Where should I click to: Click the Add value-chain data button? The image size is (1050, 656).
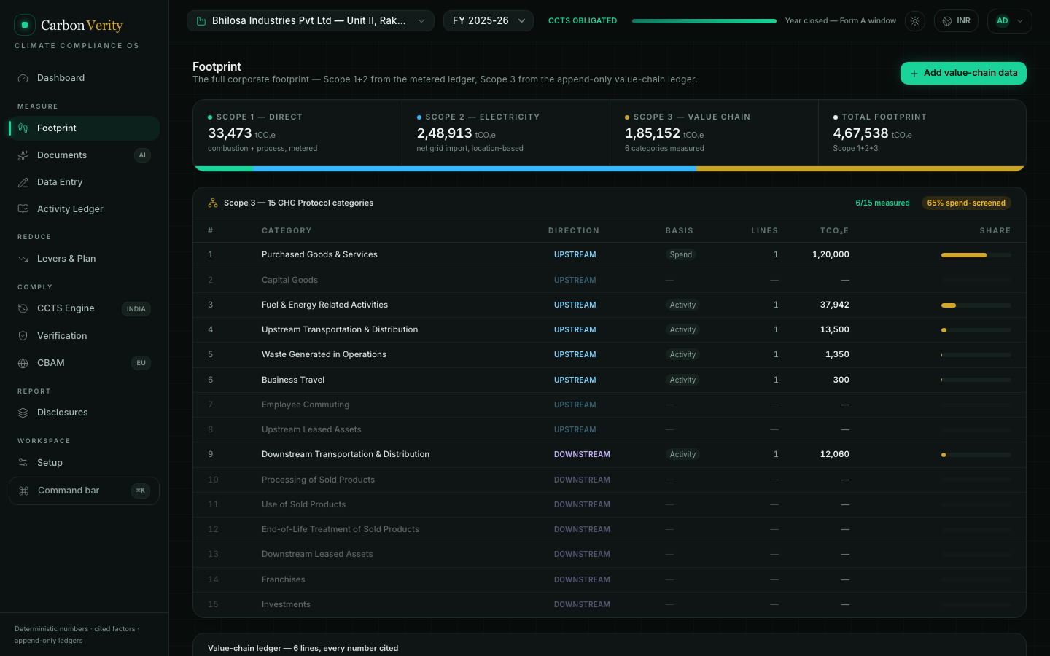(962, 73)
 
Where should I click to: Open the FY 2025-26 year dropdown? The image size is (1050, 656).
(488, 21)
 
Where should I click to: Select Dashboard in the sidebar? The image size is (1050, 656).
(61, 78)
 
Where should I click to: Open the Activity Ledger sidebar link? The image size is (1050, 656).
(70, 209)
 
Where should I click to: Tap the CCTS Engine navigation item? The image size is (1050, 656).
(66, 308)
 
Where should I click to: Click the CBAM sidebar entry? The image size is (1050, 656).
(50, 363)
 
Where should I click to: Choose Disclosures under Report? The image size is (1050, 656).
(63, 413)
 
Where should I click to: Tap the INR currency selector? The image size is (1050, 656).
(956, 21)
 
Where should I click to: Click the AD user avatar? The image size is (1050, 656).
(1002, 21)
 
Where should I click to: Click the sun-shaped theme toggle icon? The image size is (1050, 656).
(914, 21)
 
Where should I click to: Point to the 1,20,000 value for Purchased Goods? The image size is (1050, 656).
(830, 254)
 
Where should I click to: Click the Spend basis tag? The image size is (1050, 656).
(680, 254)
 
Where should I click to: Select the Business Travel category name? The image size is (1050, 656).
(293, 380)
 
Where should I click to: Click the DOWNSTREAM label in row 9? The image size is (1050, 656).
(582, 454)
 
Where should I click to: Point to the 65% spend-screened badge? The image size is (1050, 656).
(966, 203)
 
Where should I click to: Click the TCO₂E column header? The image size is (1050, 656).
(834, 230)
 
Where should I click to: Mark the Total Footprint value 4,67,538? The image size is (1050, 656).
(860, 133)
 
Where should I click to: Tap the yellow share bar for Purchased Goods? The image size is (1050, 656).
(964, 255)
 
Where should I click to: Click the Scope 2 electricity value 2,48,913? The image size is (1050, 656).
(444, 133)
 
